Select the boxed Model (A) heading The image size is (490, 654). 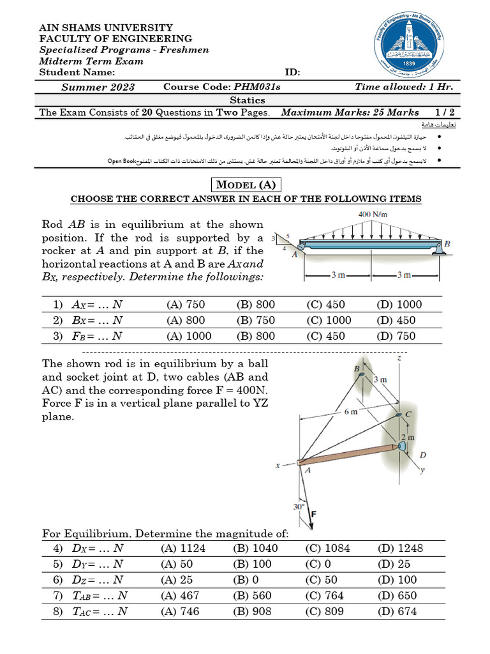[x=246, y=185]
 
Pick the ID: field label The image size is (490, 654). [x=292, y=73]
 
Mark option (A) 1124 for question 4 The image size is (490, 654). [x=181, y=548]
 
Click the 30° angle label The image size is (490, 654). [x=299, y=506]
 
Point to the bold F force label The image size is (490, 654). [x=314, y=512]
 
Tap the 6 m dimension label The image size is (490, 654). [x=350, y=411]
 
